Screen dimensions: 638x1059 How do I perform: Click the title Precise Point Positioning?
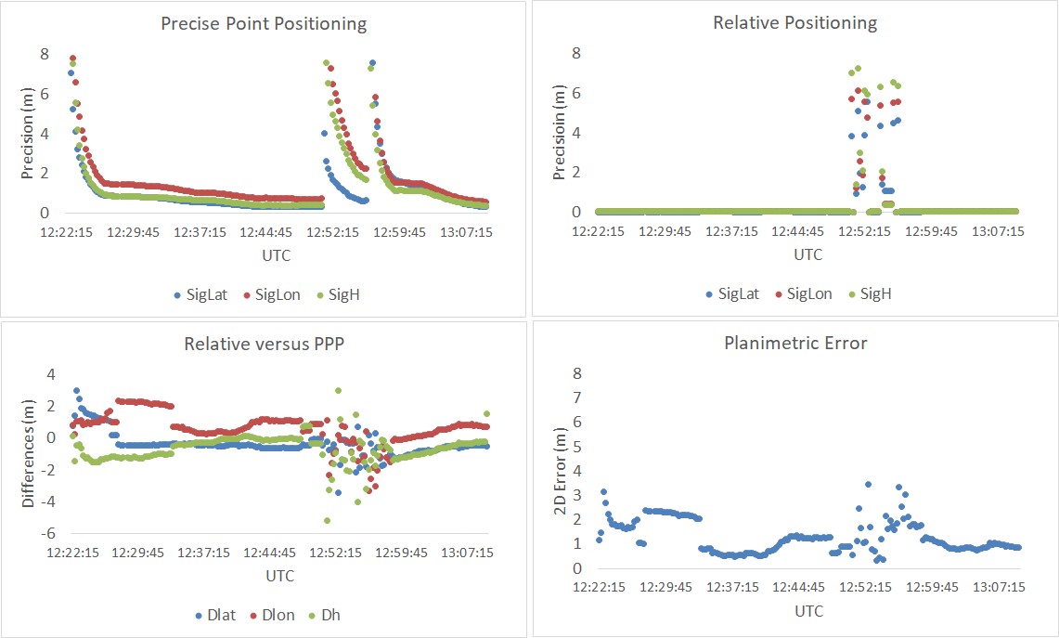click(264, 23)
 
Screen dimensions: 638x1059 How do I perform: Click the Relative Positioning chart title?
click(794, 22)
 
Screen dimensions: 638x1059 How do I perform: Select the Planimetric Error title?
click(794, 343)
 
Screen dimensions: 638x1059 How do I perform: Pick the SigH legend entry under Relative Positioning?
click(875, 293)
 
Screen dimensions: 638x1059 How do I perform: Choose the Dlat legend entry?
click(214, 615)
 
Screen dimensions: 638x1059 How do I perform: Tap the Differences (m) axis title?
click(28, 453)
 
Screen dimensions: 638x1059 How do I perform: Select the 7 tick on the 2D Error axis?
click(577, 397)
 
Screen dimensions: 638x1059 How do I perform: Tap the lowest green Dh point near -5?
click(327, 520)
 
